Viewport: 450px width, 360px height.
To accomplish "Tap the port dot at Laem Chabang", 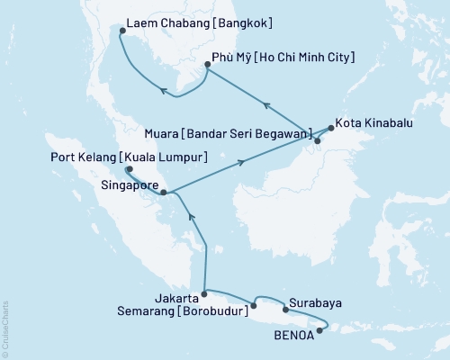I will point(122,31).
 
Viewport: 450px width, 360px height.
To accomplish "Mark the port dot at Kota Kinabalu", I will point(329,128).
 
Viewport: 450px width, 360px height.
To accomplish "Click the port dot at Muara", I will point(317,140).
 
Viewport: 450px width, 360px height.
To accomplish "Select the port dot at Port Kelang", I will point(129,168).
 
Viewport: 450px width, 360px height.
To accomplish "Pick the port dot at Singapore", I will point(163,192).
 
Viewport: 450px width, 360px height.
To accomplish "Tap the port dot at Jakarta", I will point(205,292).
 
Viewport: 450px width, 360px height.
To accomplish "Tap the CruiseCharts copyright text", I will point(5,329).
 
